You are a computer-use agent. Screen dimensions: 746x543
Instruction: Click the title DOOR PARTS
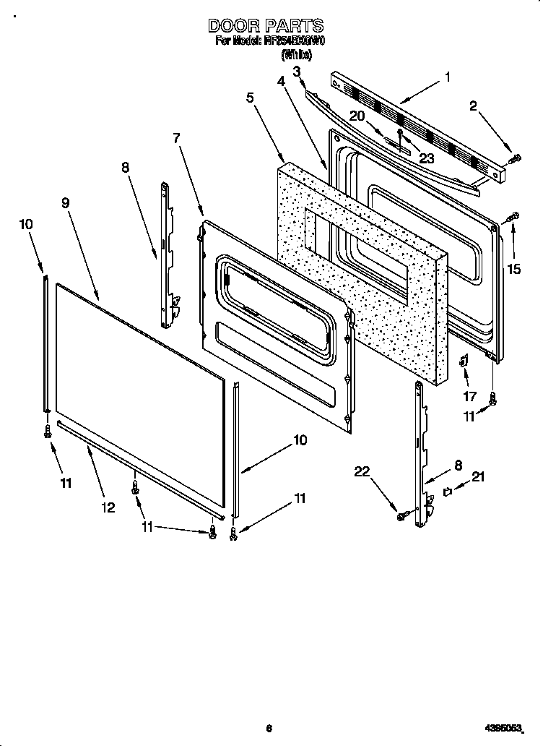[266, 26]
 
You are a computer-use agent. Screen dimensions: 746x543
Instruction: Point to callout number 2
[473, 106]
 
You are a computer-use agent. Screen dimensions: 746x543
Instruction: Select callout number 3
[297, 70]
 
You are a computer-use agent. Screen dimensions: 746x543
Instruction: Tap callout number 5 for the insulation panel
[250, 98]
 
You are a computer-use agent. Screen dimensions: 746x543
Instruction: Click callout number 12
[108, 507]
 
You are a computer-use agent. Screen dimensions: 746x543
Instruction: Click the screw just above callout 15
[513, 216]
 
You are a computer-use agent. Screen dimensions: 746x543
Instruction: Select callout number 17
[469, 395]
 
